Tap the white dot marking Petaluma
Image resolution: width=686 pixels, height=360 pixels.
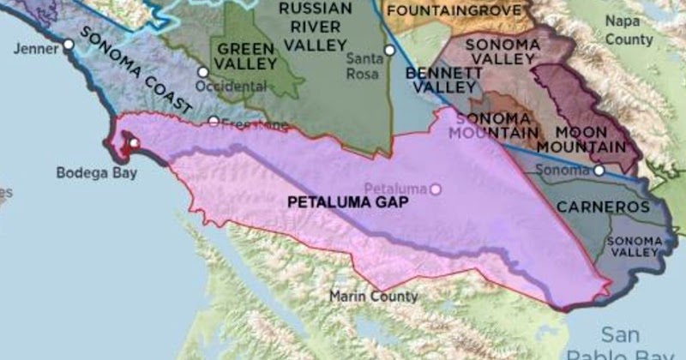[436, 189]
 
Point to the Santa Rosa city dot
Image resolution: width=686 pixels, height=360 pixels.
[389, 51]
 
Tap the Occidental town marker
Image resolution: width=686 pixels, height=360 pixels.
[202, 72]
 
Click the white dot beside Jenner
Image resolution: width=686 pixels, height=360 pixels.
[68, 44]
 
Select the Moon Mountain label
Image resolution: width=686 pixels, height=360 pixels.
[592, 139]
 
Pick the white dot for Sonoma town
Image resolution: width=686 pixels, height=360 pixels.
[599, 171]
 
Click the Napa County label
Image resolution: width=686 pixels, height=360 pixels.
[628, 29]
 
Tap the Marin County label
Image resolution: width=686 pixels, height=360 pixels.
[374, 297]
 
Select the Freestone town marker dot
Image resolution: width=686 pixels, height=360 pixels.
[214, 122]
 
